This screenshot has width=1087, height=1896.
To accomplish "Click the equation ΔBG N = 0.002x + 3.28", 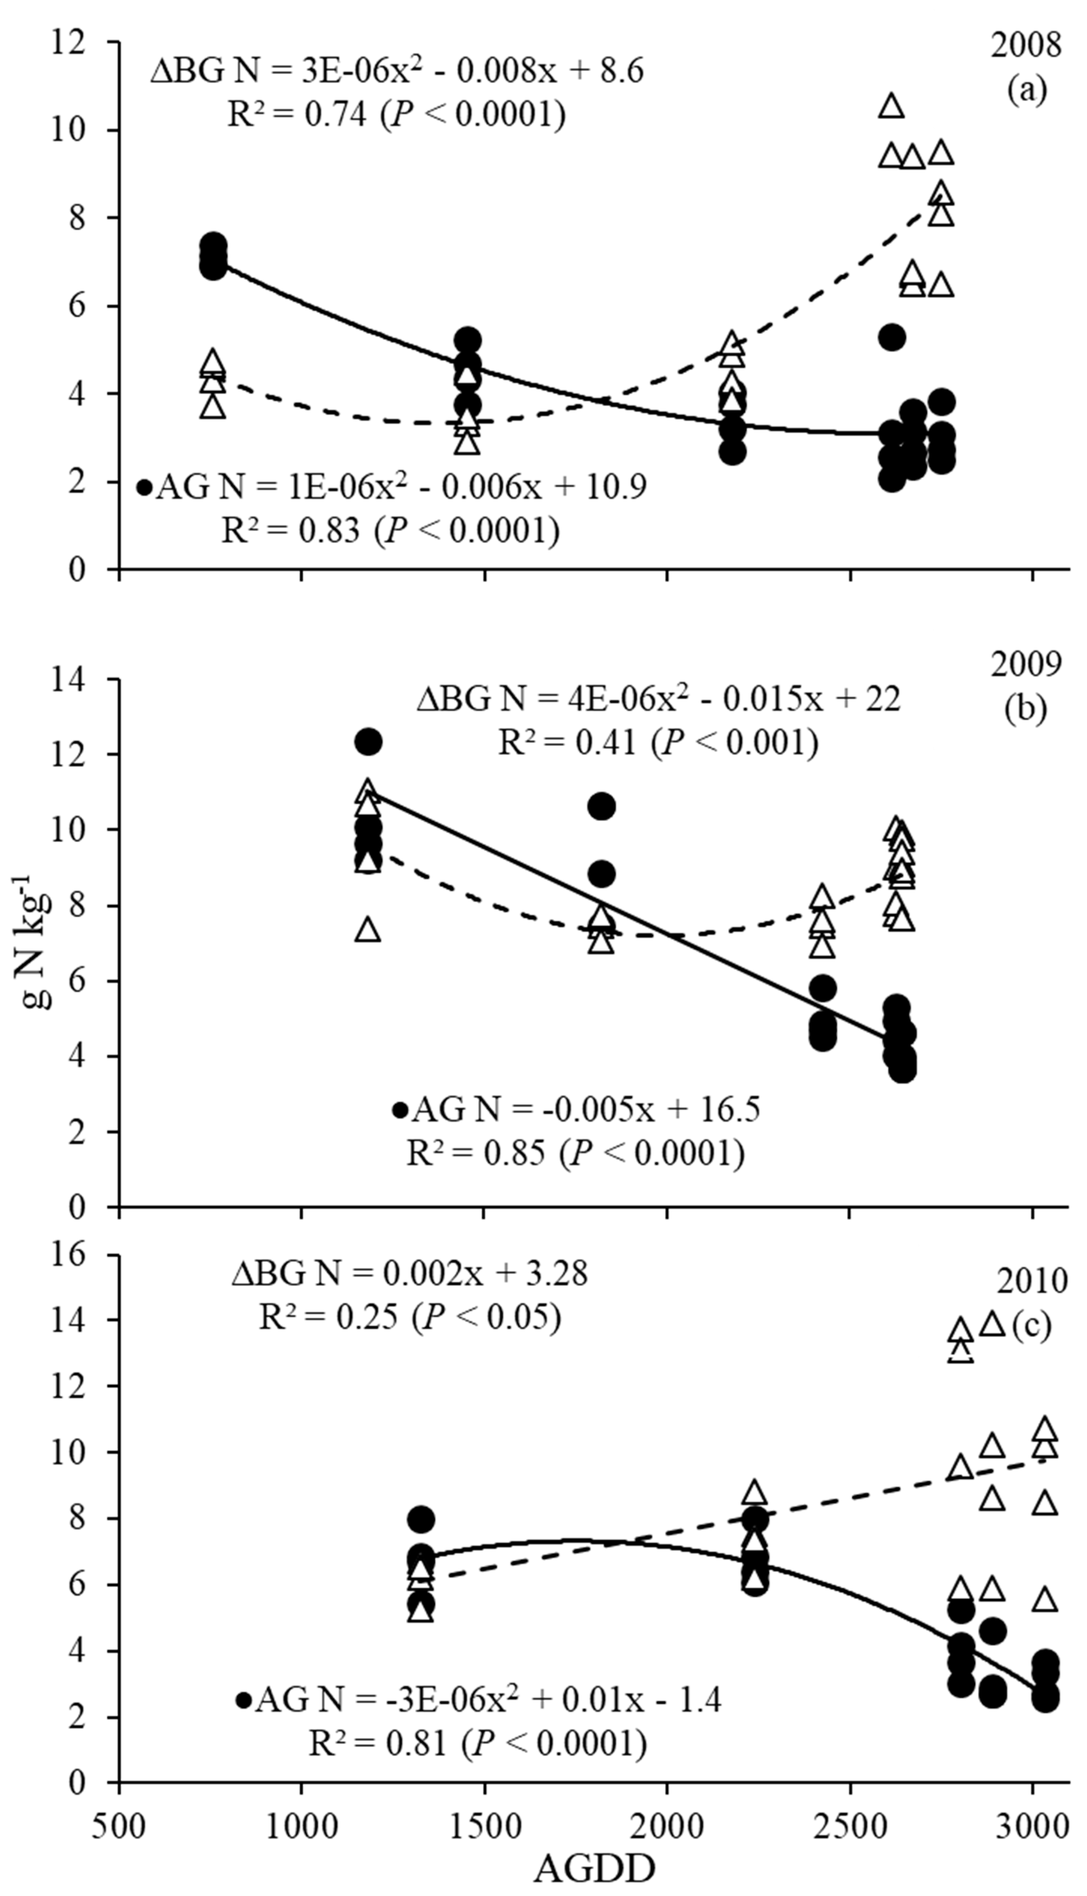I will (409, 1273).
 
